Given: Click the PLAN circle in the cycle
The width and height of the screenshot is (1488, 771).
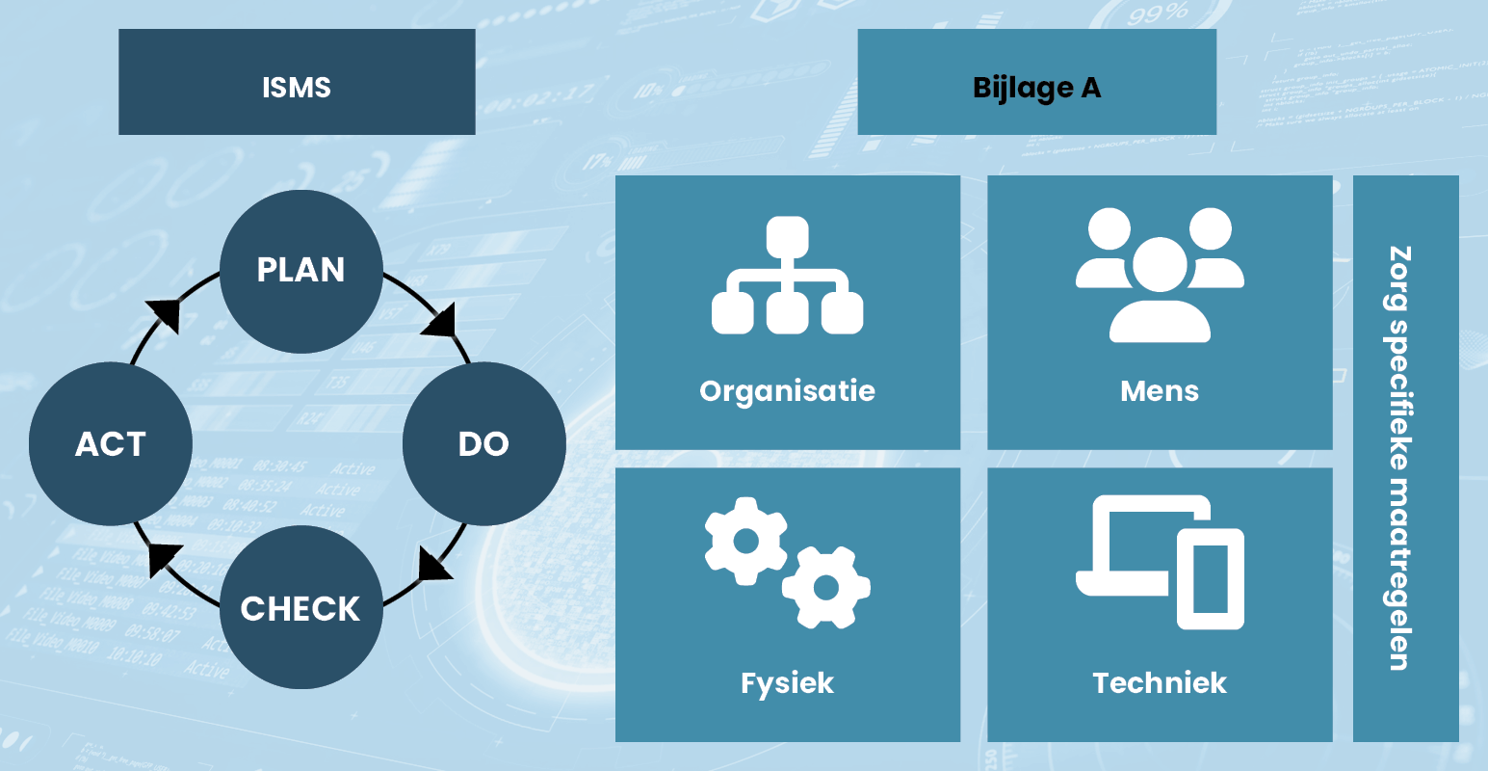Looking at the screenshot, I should coord(301,271).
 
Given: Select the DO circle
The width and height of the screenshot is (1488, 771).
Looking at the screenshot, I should coord(483,443).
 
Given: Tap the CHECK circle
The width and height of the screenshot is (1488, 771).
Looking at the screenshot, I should coord(301,607).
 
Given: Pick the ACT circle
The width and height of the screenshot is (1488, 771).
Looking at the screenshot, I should coord(111,443).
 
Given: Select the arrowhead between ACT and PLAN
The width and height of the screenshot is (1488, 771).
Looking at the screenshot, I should coord(165,314).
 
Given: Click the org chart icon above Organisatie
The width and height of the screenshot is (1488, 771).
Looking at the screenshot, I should coord(787,276).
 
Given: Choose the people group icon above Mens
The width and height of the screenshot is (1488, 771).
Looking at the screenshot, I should coord(1160,275).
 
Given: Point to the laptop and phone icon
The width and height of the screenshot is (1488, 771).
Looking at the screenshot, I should coord(1160,561).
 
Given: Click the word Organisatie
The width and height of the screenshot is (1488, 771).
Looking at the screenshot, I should coord(787,391).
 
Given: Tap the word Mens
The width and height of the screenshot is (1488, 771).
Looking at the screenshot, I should coord(1160,391).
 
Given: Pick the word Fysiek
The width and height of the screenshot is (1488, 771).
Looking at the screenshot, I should coord(787,683).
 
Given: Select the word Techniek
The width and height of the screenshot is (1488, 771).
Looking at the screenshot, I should coord(1160,683).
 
